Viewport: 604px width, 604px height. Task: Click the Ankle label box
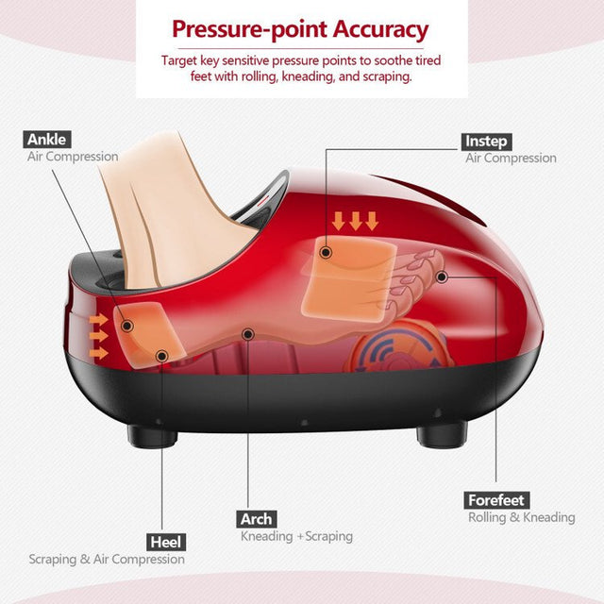pos(47,139)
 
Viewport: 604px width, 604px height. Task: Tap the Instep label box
pos(486,141)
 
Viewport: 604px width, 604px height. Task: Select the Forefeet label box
pos(497,499)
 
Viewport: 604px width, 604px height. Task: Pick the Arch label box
pos(256,518)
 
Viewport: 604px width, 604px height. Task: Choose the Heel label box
pos(164,542)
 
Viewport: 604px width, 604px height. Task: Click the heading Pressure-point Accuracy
pos(301,29)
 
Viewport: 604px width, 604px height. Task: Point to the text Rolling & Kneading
pos(521,517)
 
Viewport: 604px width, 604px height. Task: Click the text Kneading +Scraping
pos(296,536)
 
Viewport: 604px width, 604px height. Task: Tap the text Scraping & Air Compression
pos(107,559)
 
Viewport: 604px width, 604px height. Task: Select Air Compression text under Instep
pos(511,159)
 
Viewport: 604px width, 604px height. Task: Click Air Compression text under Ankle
pos(73,157)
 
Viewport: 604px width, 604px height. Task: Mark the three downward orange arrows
pos(355,221)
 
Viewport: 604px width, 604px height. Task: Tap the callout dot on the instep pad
pos(326,252)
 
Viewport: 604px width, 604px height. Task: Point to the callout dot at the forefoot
pos(442,277)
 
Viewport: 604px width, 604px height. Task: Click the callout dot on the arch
pos(247,333)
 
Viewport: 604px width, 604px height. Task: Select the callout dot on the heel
pos(161,356)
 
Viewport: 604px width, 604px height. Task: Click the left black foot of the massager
pos(152,435)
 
